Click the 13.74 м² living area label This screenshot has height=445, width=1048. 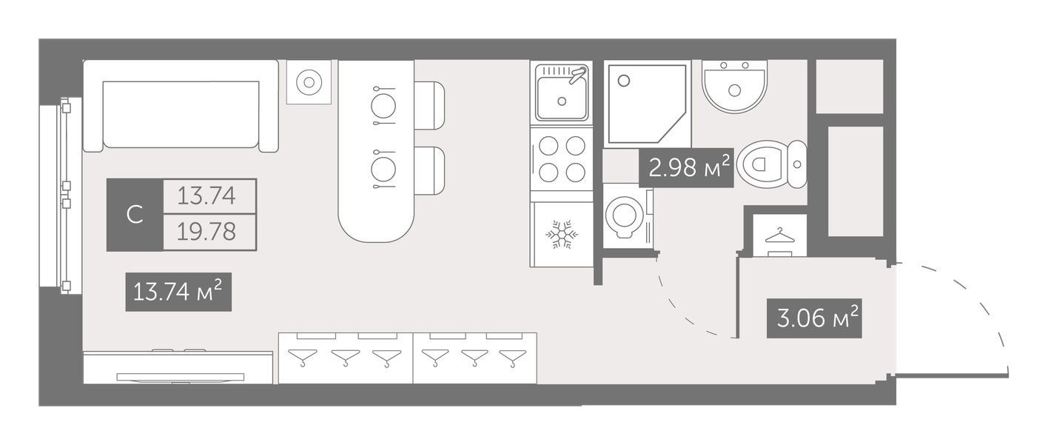pos(178,292)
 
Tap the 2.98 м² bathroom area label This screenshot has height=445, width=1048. pos(686,167)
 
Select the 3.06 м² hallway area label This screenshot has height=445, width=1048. pos(814,318)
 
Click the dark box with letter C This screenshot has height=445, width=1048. pos(135,215)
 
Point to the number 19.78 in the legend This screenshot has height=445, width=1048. pos(206,232)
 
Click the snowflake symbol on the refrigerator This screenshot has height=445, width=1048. pos(562,234)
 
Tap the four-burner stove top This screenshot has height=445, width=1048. pos(562,159)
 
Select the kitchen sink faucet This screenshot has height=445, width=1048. pos(577,75)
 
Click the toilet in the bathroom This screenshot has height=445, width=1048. pos(772,164)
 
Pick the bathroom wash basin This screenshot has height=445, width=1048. pos(734,87)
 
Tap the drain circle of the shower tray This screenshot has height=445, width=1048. pos(623,81)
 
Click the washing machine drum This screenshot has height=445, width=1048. pos(623,215)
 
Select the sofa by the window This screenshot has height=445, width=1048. pos(181,106)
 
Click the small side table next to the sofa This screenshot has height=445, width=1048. pos(309,82)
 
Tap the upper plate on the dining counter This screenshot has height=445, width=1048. pos(383,106)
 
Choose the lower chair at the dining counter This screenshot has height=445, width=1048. pos(429,170)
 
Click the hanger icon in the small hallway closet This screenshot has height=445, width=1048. pos(779,236)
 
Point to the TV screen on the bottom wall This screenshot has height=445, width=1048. pos(181,377)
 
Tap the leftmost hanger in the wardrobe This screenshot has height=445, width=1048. pos(302,357)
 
